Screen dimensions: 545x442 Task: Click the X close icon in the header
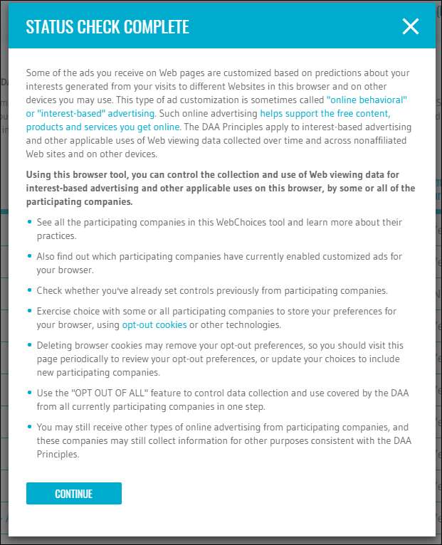click(x=411, y=26)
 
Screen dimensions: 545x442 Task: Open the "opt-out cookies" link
click(x=154, y=324)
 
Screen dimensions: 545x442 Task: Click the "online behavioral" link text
click(x=367, y=100)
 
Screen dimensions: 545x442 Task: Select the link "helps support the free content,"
click(x=325, y=113)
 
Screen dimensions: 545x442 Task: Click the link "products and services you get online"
click(x=102, y=127)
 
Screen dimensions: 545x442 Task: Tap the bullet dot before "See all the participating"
click(x=29, y=223)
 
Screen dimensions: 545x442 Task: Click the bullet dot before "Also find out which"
click(x=29, y=257)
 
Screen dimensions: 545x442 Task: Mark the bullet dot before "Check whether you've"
click(x=29, y=290)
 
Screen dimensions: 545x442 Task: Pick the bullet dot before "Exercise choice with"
click(x=29, y=311)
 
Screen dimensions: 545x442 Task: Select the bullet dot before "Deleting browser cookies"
click(x=29, y=345)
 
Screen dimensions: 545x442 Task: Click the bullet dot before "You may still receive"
click(x=29, y=427)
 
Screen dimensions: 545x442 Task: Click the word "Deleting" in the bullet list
click(x=55, y=345)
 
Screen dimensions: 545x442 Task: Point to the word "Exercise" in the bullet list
click(x=55, y=311)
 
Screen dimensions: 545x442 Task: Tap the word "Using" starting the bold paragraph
click(x=38, y=174)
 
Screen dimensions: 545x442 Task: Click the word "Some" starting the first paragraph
click(x=38, y=73)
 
